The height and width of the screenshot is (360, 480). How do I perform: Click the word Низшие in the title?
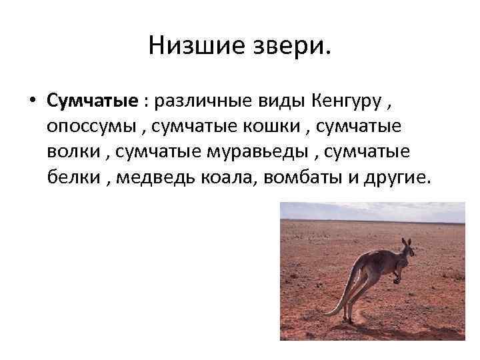(187, 46)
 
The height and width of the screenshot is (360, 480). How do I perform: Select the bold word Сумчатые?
(92, 101)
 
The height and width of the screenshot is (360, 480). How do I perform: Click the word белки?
(72, 177)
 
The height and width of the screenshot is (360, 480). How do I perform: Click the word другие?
(393, 177)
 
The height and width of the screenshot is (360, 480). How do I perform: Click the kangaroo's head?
(406, 251)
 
